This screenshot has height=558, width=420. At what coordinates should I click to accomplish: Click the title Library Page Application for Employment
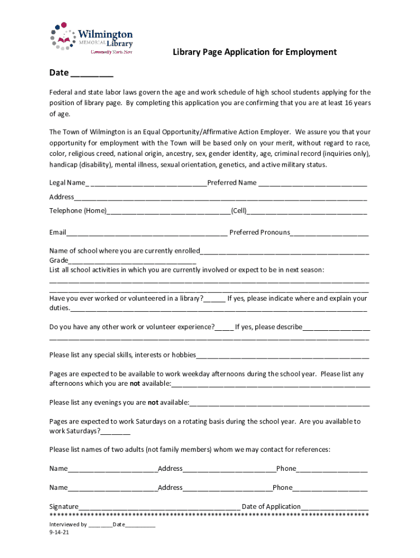(255, 52)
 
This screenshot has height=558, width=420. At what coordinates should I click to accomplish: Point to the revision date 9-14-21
(59, 533)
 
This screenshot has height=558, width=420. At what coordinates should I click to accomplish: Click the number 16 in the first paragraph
(348, 103)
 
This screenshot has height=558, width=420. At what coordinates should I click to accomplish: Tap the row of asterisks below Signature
(209, 515)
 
